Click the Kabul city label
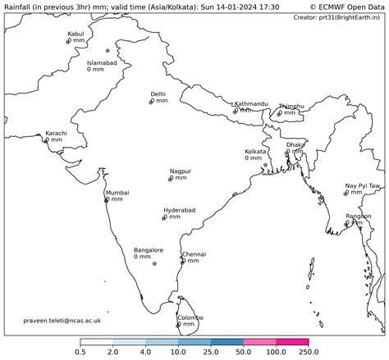tap(76, 34)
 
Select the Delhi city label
tap(158, 94)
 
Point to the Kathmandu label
tap(251, 104)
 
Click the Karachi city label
tap(56, 133)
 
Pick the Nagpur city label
tap(181, 171)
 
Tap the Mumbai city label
tap(117, 193)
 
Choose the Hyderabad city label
tap(180, 211)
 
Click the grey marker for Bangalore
tap(154, 263)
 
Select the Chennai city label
tap(194, 254)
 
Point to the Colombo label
tap(190, 317)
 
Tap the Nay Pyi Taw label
tap(362, 186)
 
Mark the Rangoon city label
tap(359, 216)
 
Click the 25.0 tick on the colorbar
tap(211, 352)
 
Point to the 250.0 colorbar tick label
tap(309, 352)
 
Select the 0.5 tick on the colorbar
tap(80, 352)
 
